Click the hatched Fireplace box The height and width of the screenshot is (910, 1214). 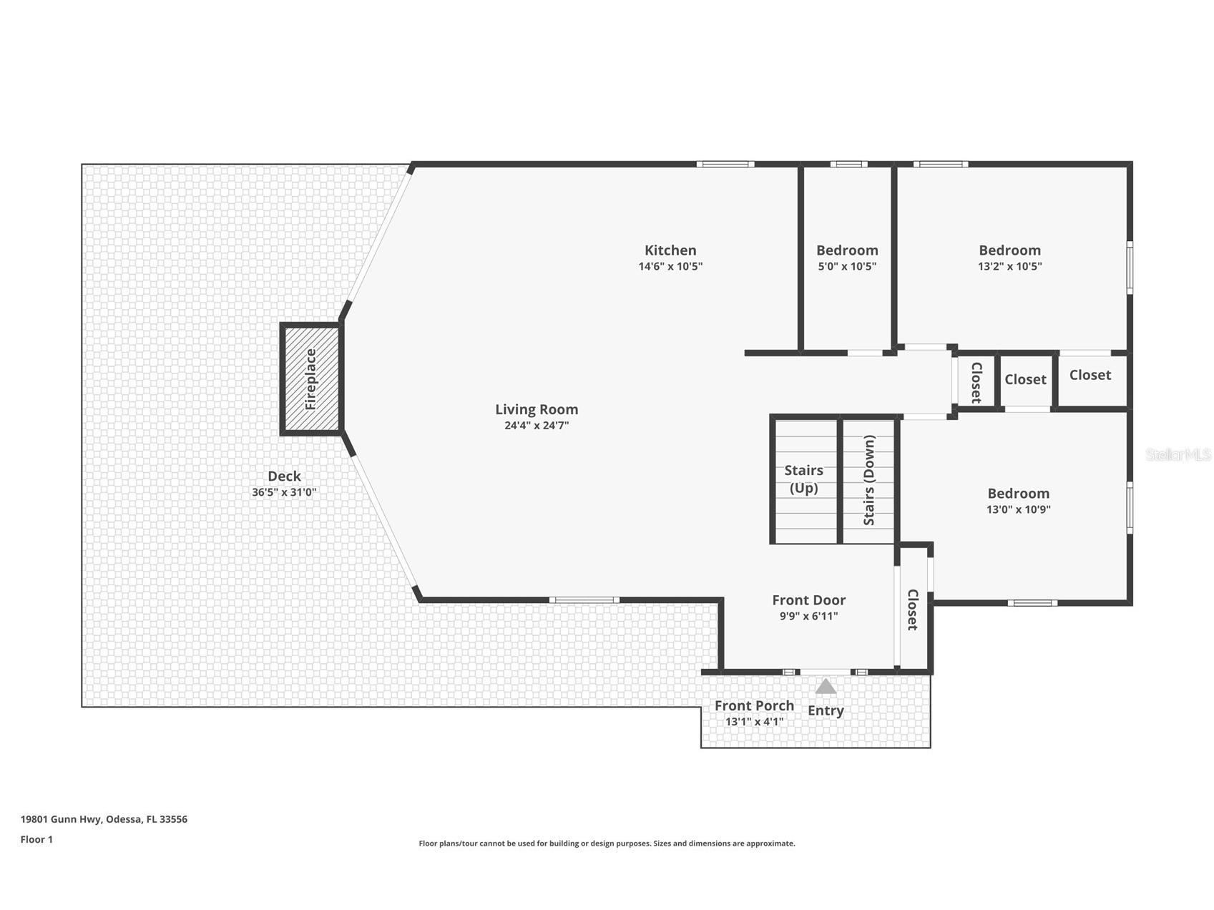pyautogui.click(x=311, y=379)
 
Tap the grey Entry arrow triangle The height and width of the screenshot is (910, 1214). pyautogui.click(x=826, y=687)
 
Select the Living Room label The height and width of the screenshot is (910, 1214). pyautogui.click(x=537, y=409)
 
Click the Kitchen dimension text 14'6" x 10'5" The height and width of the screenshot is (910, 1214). pyautogui.click(x=670, y=266)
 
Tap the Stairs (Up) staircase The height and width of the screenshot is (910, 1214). pyautogui.click(x=804, y=480)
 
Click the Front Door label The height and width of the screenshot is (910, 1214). pyautogui.click(x=808, y=600)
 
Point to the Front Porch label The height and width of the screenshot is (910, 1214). pyautogui.click(x=754, y=705)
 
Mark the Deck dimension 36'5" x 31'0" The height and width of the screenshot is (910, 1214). pyautogui.click(x=284, y=492)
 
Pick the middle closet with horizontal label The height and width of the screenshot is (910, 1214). pyautogui.click(x=1025, y=380)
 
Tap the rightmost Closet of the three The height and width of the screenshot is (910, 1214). pyautogui.click(x=1091, y=380)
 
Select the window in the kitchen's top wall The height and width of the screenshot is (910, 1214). pyautogui.click(x=725, y=165)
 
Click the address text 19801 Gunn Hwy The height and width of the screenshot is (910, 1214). pyautogui.click(x=62, y=819)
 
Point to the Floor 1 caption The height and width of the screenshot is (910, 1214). pyautogui.click(x=36, y=840)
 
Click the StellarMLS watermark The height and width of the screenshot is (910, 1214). pyautogui.click(x=1178, y=455)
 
